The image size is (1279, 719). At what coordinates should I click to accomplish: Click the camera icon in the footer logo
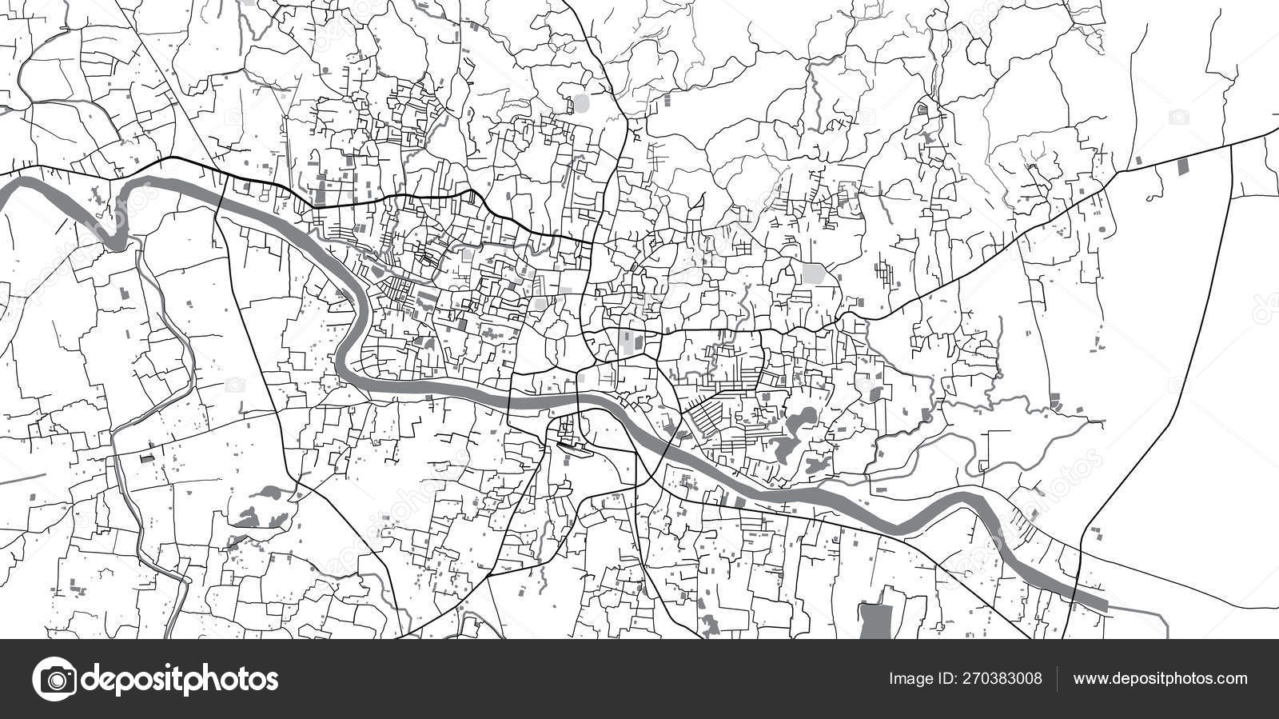click(x=54, y=679)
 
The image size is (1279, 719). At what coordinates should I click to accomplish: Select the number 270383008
click(x=1003, y=679)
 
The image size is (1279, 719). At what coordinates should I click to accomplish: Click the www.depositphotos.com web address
click(x=1160, y=679)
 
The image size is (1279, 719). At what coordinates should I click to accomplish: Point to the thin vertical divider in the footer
click(x=1057, y=679)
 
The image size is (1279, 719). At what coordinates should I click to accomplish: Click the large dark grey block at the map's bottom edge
click(x=876, y=621)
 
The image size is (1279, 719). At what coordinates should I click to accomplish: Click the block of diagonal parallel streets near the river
click(x=707, y=416)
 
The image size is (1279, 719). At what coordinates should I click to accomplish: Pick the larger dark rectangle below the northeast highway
click(x=1183, y=167)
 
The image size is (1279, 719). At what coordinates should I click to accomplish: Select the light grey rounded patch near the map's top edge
click(x=580, y=103)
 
